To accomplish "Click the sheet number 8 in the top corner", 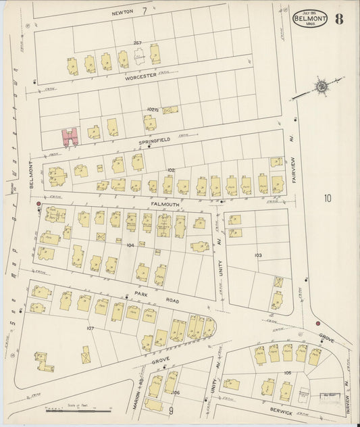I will pos(338,18).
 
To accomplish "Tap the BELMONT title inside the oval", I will pos(310,18).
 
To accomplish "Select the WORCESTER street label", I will pos(140,78).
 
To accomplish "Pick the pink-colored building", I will pos(70,137).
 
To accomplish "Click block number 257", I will pos(136,44).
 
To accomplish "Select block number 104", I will pos(130,245).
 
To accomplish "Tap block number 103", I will pos(257,255).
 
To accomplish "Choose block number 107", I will pos(89,328).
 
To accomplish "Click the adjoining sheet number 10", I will pos(328,198).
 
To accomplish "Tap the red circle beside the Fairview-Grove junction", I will pos(317,324).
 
